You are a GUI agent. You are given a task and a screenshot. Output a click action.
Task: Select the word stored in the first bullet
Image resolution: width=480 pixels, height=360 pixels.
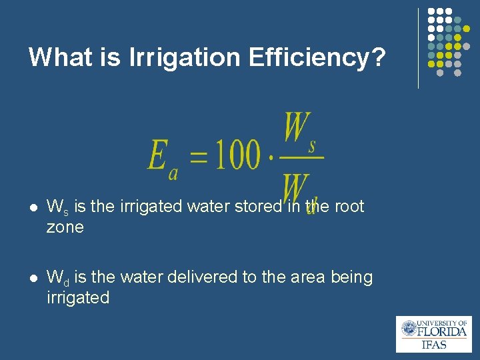pyautogui.click(x=257, y=207)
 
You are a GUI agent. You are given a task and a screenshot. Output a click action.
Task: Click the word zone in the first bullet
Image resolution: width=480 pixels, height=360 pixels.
pyautogui.click(x=65, y=227)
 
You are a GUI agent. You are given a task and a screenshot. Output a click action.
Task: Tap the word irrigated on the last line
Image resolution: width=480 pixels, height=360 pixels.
pyautogui.click(x=77, y=297)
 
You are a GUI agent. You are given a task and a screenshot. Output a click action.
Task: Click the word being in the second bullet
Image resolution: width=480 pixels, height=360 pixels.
pyautogui.click(x=351, y=277)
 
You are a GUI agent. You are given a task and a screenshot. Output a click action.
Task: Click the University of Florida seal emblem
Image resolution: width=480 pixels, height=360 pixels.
pyautogui.click(x=409, y=329)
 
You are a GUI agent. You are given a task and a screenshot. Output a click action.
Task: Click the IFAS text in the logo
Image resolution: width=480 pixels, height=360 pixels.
pyautogui.click(x=434, y=345)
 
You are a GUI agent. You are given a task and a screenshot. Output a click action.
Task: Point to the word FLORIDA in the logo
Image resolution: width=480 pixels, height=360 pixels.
pyautogui.click(x=442, y=331)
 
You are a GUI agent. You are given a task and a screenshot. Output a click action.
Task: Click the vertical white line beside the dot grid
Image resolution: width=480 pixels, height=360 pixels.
pyautogui.click(x=418, y=48)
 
